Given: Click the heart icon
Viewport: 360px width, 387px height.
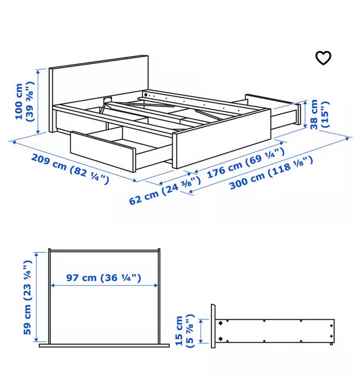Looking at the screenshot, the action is pos(323,58).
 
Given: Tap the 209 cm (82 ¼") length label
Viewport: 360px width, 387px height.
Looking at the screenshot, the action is pos(70,169).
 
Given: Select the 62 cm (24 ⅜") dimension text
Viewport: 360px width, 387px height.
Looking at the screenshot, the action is pos(165,190).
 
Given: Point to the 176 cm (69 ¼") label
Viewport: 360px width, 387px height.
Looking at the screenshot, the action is pos(246,163).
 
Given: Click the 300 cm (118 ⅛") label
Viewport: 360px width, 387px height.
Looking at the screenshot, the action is pos(271,173).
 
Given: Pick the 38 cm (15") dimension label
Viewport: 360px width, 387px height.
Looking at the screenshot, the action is pos(319,114).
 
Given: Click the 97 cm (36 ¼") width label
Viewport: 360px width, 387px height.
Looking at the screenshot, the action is pos(103,278).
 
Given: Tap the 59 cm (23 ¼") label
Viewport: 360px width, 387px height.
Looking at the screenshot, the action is pos(28,297).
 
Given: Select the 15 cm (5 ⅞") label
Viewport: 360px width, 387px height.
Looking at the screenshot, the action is pos(185,331).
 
